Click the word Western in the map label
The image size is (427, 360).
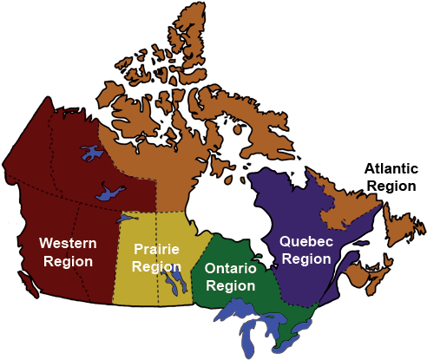point(68,242)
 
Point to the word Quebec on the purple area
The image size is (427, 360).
point(305,242)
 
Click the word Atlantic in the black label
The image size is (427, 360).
point(392,169)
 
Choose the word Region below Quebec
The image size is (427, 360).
point(305,259)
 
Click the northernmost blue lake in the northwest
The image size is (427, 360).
point(90,154)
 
